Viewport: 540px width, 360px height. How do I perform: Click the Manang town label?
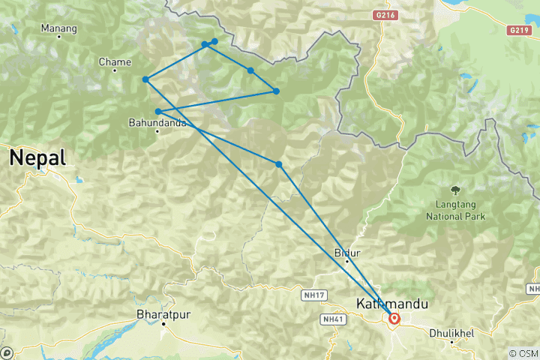pyautogui.click(x=58, y=29)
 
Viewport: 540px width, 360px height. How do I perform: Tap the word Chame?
pyautogui.click(x=115, y=62)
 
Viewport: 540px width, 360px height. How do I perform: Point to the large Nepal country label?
pyautogui.click(x=37, y=158)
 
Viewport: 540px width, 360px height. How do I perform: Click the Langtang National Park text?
pyautogui.click(x=455, y=210)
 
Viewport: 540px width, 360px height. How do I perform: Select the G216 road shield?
pyautogui.click(x=383, y=13)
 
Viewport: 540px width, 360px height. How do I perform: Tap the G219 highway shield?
pyautogui.click(x=518, y=30)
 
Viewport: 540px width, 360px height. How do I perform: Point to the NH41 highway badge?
pyautogui.click(x=332, y=319)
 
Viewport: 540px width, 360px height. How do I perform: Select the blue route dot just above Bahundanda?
pyautogui.click(x=158, y=112)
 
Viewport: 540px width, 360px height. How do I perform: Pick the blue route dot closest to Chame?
pyautogui.click(x=145, y=79)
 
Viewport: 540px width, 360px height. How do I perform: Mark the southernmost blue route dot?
pyautogui.click(x=278, y=164)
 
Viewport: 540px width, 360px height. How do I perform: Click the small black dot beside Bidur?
pyautogui.click(x=346, y=262)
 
